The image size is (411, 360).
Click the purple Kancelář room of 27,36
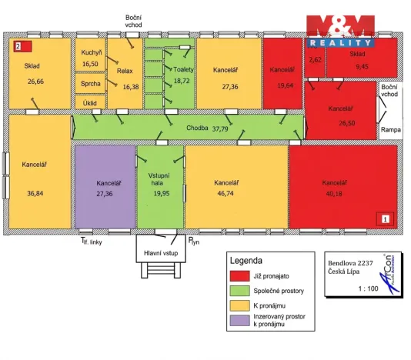coord(105,187)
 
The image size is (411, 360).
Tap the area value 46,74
coord(226,194)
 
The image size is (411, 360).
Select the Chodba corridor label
coord(197,128)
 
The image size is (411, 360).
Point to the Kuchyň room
coord(90,55)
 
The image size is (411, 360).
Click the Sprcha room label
coord(90,84)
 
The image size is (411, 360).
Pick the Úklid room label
coord(89,103)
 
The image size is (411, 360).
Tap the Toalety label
coord(183,69)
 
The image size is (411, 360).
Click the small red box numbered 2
coord(23,46)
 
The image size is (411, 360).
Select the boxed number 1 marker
coord(385,218)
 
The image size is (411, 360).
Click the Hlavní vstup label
coord(161,253)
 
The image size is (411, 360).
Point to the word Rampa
coord(391,130)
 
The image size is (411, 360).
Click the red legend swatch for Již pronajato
coord(239,276)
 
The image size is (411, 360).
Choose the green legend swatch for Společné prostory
coord(239,291)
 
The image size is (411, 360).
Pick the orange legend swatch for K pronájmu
coord(239,305)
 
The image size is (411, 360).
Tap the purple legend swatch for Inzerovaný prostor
coord(239,321)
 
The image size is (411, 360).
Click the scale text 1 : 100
coord(368,288)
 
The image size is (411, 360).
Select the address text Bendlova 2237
coord(350,263)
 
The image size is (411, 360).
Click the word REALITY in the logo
coord(341,43)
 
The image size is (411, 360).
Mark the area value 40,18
coord(334,194)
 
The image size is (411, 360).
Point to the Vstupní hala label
coord(159,179)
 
